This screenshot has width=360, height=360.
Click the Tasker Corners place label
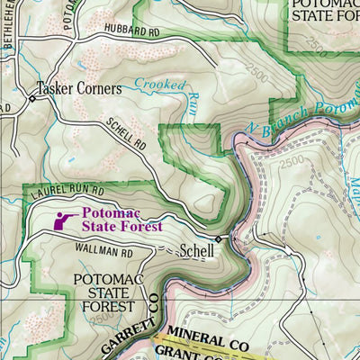[79, 89]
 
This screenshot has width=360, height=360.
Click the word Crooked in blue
[160, 85]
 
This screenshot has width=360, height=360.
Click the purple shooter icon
[64, 220]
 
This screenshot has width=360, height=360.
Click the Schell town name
[197, 251]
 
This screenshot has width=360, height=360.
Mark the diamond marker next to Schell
[218, 239]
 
